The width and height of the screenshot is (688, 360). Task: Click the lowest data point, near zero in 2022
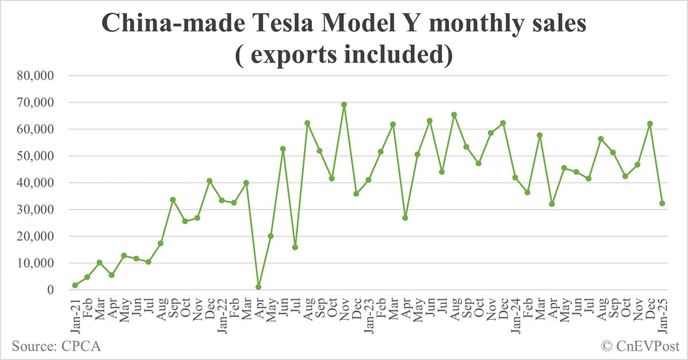point(259,287)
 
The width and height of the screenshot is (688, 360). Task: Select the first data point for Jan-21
point(75,285)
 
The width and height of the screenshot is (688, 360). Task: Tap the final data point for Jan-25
point(662,203)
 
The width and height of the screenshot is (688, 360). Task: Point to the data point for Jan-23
point(369,180)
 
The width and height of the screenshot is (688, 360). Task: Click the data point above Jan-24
point(515,177)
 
